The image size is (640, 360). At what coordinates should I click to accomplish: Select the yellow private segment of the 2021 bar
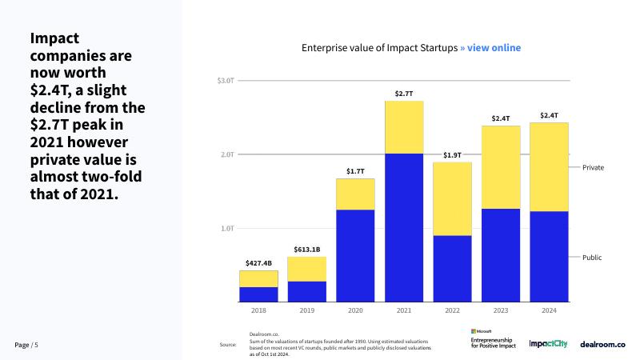point(404,126)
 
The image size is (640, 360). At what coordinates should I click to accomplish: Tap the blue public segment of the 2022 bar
point(452,269)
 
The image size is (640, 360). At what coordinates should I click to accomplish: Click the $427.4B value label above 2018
point(258,262)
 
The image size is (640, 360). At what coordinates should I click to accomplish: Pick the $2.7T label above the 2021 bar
point(404,94)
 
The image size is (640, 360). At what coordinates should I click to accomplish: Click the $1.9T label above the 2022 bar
point(452,154)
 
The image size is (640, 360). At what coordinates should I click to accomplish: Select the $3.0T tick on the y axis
point(225,81)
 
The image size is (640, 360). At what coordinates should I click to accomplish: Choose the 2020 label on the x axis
point(355,310)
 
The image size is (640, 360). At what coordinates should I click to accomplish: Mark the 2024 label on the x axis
point(549,310)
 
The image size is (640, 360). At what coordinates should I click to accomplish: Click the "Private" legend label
point(593,167)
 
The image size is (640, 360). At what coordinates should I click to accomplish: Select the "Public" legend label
point(592,258)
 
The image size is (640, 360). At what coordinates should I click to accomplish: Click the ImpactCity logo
point(548,343)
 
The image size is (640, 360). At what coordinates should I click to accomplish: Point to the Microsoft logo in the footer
point(482,330)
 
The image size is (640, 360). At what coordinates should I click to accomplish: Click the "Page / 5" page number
point(26,344)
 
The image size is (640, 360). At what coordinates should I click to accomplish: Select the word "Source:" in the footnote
point(228,345)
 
